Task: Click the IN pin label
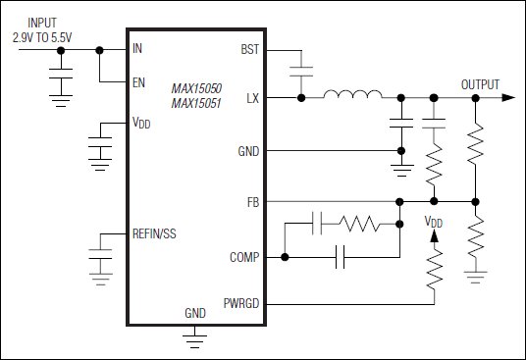click(x=137, y=47)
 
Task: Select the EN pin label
click(x=138, y=81)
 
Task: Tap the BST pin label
click(x=249, y=48)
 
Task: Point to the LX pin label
click(x=252, y=97)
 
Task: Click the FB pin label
click(x=252, y=201)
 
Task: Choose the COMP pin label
click(x=244, y=257)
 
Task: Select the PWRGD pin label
click(x=240, y=304)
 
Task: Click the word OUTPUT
click(x=480, y=84)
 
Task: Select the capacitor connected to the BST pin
click(x=300, y=71)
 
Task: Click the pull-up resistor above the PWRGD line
click(x=432, y=266)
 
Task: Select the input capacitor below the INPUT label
click(x=61, y=78)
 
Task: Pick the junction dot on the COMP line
click(x=285, y=258)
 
